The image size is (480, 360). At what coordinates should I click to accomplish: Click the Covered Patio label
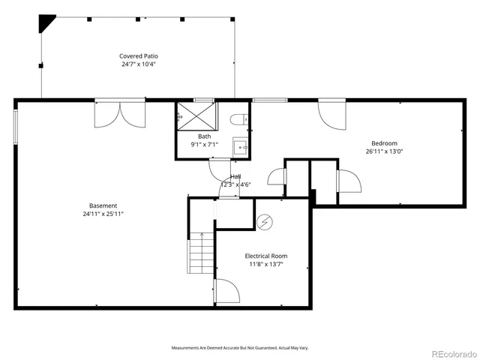pos(139,56)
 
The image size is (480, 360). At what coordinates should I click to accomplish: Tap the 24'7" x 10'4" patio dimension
pos(139,64)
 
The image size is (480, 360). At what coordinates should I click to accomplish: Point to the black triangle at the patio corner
pos(48,23)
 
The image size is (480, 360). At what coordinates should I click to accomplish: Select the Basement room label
pos(103,205)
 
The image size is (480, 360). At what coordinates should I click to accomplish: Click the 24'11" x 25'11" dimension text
pos(103,214)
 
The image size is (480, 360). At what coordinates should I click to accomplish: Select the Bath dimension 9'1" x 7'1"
pos(205,144)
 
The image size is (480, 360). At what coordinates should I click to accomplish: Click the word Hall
pos(235,177)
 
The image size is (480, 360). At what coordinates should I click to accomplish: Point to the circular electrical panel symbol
pos(264,221)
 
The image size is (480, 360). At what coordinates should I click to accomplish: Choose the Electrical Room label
pos(265,256)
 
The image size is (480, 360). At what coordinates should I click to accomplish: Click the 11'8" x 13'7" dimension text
pos(265,264)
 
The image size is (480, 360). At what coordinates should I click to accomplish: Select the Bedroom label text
pos(384,143)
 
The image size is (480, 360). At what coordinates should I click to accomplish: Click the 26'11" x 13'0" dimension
pos(384,151)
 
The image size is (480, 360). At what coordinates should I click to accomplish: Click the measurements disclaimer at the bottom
pos(239,348)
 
